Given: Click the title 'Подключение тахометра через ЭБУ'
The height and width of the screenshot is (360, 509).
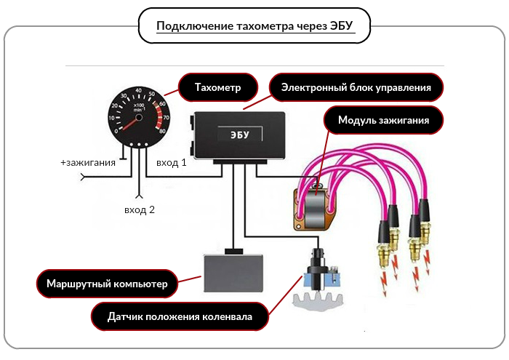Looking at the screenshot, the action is tap(254, 25).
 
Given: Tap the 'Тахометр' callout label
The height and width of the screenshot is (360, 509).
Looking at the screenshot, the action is tap(218, 87).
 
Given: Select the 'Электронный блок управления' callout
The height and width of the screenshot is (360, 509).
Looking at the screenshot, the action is tap(356, 87).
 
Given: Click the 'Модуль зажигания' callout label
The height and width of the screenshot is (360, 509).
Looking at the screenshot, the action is tap(383, 120).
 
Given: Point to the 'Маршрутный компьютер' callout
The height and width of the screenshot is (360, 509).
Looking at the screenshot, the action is tap(107, 284).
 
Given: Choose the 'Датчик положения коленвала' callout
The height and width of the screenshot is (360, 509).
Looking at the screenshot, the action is tap(180, 316).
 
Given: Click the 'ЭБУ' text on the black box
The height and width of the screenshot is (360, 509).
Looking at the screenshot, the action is tap(240, 135).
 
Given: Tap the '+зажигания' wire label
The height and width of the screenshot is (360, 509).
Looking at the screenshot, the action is tap(88, 162).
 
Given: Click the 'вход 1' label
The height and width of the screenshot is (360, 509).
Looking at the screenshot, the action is tap(172, 162).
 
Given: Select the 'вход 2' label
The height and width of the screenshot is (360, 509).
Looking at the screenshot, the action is tap(140, 209).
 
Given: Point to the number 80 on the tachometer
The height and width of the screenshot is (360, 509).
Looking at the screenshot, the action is tap(162, 131).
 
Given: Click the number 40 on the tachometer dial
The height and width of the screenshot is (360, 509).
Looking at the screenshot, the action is tap(139, 91).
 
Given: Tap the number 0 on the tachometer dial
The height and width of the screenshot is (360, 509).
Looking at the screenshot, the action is tap(116, 131).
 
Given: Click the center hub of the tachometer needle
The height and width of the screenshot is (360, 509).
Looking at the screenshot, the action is tap(139, 117).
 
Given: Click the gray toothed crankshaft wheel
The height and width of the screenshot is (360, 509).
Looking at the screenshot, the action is tap(318, 302).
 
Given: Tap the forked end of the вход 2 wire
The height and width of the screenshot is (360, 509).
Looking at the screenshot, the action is tap(139, 196).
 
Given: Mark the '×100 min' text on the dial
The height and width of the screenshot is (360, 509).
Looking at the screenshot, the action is tap(139, 108).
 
